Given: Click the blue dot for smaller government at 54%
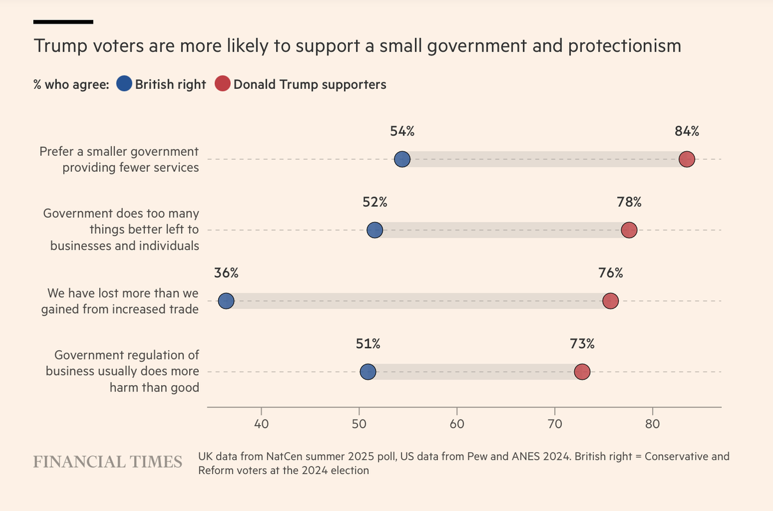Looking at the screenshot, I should pyautogui.click(x=402, y=159).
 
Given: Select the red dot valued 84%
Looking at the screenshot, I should pyautogui.click(x=687, y=159).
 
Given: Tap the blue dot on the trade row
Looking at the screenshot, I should pyautogui.click(x=226, y=301).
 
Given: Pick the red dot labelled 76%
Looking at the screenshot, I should pyautogui.click(x=611, y=301).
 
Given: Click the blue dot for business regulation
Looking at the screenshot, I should pyautogui.click(x=368, y=372).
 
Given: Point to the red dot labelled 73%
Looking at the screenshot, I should pyautogui.click(x=582, y=372).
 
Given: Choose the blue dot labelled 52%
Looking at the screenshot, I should pyautogui.click(x=375, y=230).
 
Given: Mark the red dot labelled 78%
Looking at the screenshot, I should pyautogui.click(x=629, y=230).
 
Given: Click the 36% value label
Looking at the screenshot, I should pyautogui.click(x=226, y=273).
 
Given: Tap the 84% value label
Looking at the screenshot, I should pyautogui.click(x=687, y=132).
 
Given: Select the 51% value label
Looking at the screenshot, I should pyautogui.click(x=368, y=344).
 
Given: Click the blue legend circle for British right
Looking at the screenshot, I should pyautogui.click(x=125, y=84).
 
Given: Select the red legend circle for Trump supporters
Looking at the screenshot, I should pyautogui.click(x=222, y=84).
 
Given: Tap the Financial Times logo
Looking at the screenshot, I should pyautogui.click(x=107, y=462).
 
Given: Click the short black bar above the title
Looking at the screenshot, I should pyautogui.click(x=63, y=22).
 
